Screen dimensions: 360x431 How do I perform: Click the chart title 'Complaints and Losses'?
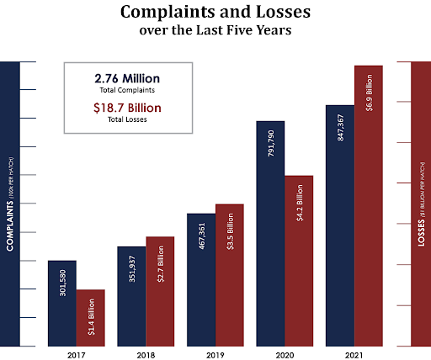pyautogui.click(x=215, y=13)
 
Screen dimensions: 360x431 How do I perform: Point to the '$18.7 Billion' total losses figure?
pyautogui.click(x=127, y=108)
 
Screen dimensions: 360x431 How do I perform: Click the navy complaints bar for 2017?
pyautogui.click(x=62, y=303)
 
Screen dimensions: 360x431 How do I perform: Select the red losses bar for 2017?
pyautogui.click(x=91, y=317)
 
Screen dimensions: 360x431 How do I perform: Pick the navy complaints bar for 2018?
pyautogui.click(x=132, y=295)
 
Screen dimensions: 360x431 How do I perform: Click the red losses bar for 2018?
pyautogui.click(x=160, y=291)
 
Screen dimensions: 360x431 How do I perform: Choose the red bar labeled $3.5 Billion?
pyautogui.click(x=230, y=274)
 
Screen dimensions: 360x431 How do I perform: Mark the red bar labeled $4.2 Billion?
pyautogui.click(x=299, y=260)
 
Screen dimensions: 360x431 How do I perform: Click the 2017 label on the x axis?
pyautogui.click(x=77, y=354)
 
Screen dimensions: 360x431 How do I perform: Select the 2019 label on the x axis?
pyautogui.click(x=215, y=354)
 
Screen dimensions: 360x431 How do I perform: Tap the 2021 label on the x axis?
pyautogui.click(x=354, y=354)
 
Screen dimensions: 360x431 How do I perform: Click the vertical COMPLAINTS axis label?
pyautogui.click(x=9, y=203)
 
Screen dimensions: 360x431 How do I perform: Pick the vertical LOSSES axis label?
pyautogui.click(x=421, y=203)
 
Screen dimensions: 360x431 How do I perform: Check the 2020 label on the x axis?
pyautogui.click(x=285, y=354)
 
